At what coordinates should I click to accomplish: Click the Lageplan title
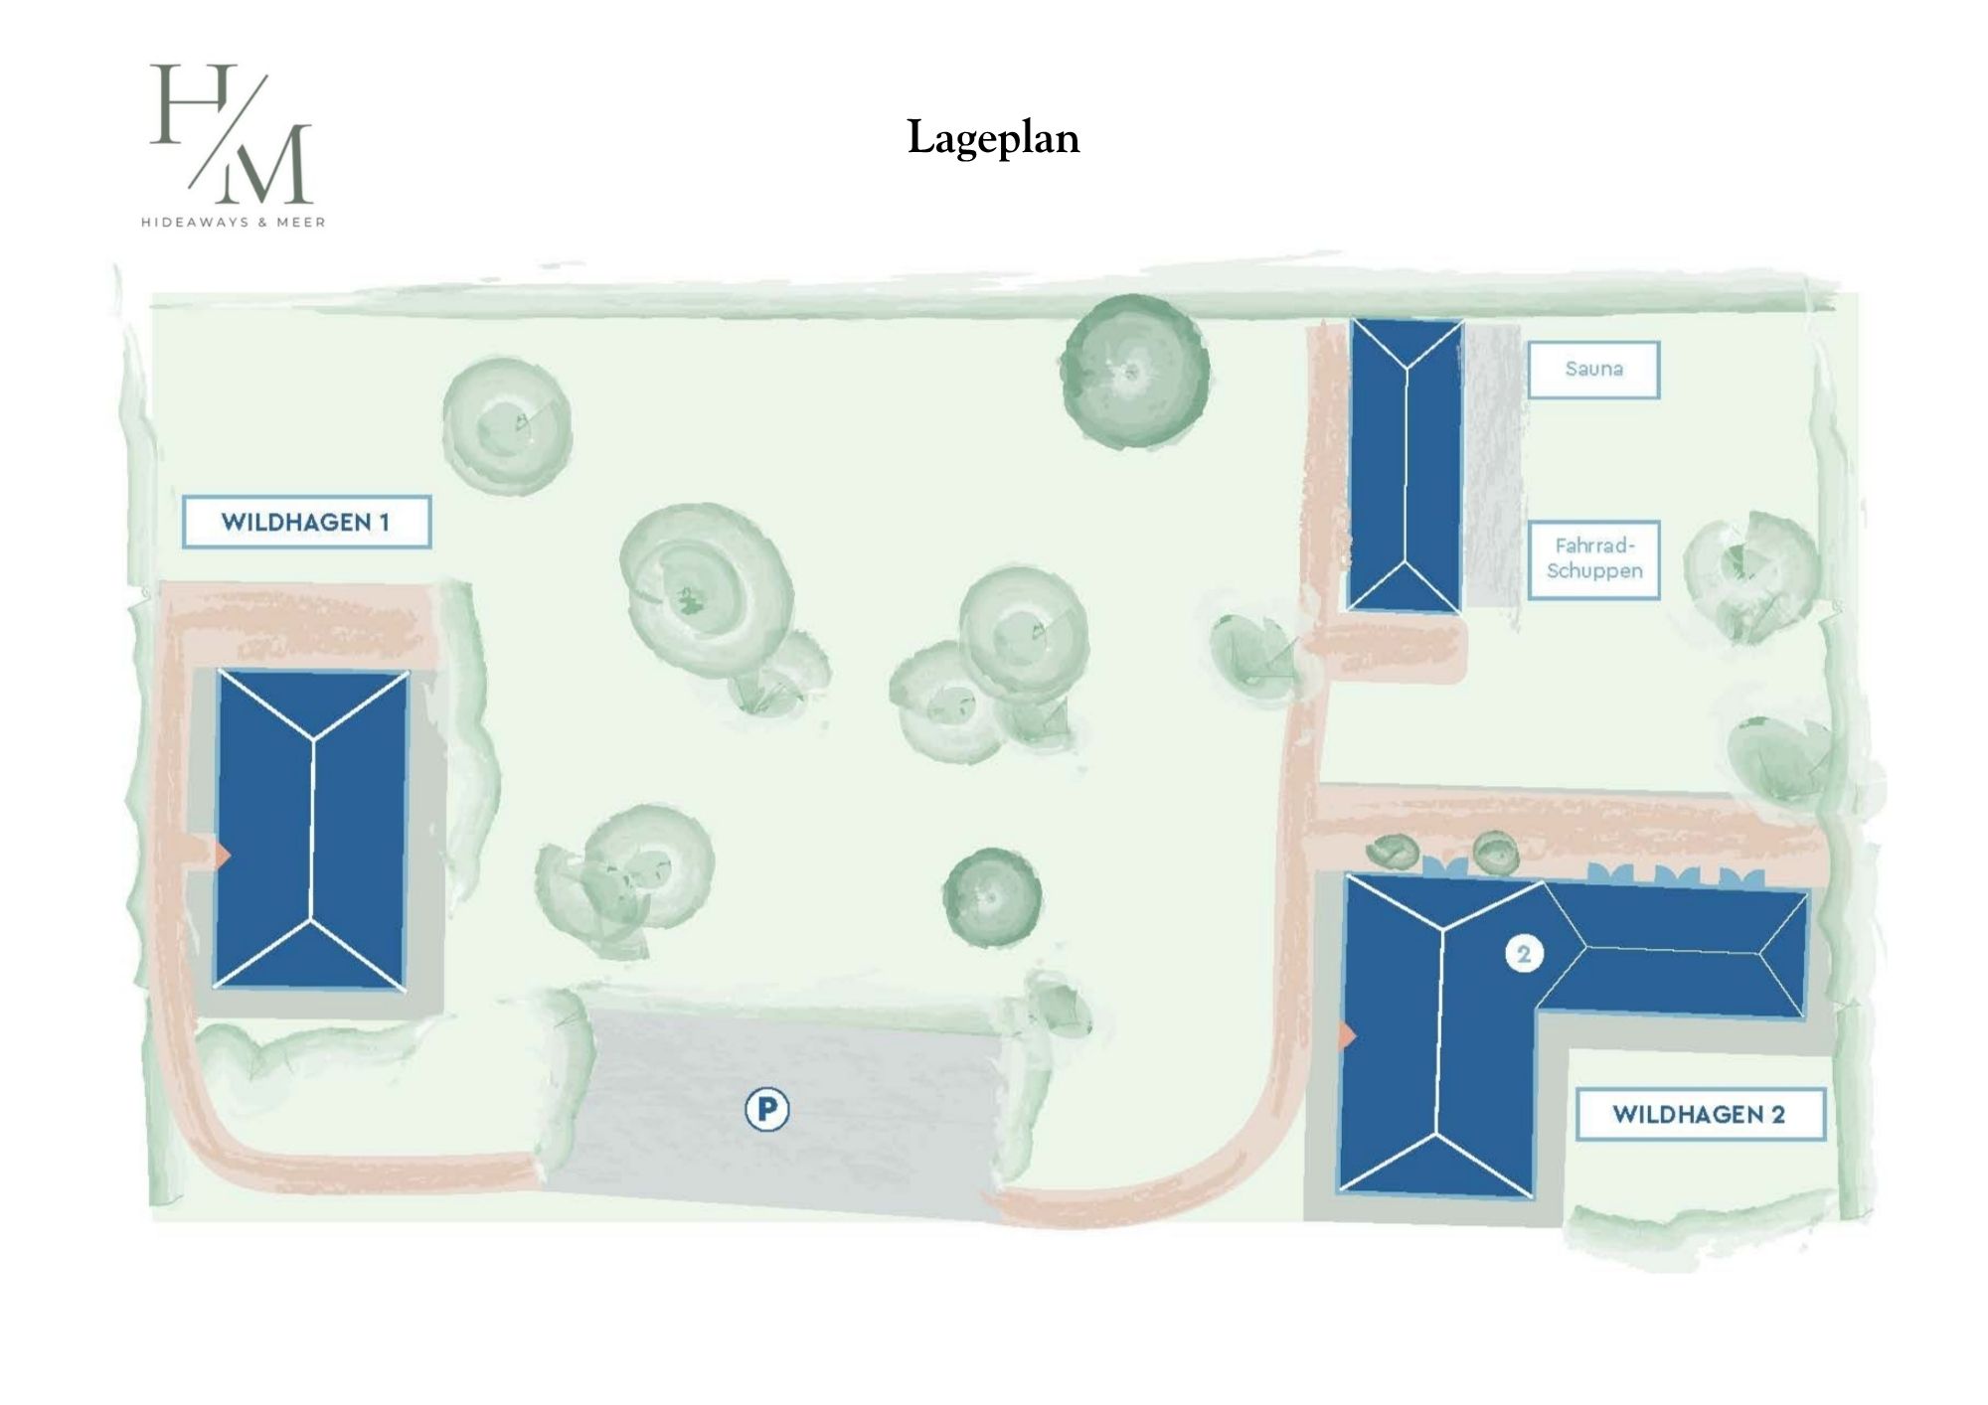[993, 138]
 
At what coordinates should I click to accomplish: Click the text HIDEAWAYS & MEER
[234, 223]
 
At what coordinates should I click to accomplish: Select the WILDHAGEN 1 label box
[306, 522]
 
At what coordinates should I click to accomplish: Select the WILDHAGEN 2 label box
[1700, 1114]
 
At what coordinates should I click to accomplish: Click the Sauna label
[1593, 370]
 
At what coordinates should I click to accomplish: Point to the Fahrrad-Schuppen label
[1593, 559]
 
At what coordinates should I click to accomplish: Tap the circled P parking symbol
[766, 1109]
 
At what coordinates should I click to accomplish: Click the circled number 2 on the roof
[1524, 954]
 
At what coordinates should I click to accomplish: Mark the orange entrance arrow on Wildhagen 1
[224, 854]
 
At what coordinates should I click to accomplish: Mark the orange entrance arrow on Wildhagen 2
[1348, 1035]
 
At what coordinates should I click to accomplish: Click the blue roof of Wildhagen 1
[311, 830]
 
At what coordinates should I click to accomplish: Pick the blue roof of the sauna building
[1405, 465]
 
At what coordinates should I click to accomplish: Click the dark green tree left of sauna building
[1134, 373]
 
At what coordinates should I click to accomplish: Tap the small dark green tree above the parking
[992, 898]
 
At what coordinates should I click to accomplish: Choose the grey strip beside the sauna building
[1493, 465]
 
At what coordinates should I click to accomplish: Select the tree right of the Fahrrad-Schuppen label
[1751, 576]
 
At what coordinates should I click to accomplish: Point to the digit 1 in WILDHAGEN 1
[385, 523]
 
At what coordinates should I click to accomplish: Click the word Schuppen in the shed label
[1594, 571]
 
